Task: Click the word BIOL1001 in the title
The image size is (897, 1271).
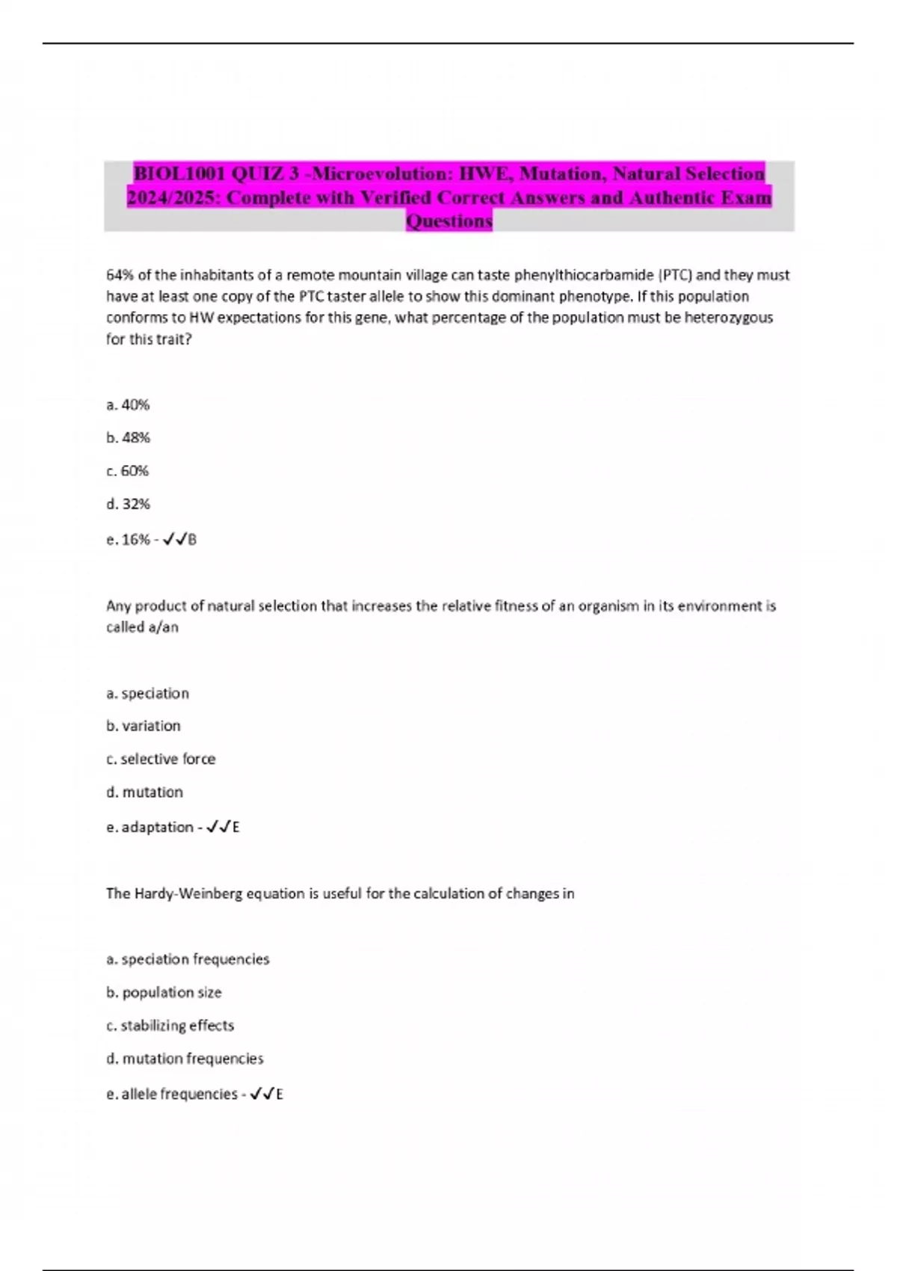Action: pyautogui.click(x=179, y=174)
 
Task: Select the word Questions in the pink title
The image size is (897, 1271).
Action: pyautogui.click(x=449, y=221)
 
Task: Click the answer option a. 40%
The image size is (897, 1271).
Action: pyautogui.click(x=128, y=404)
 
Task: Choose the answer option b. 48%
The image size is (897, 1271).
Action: pyautogui.click(x=128, y=437)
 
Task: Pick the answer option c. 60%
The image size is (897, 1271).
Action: pyautogui.click(x=127, y=470)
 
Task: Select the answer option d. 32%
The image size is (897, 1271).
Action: pyautogui.click(x=128, y=504)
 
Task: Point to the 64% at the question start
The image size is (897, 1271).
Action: pyautogui.click(x=120, y=275)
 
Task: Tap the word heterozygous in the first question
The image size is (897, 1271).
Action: pyautogui.click(x=728, y=317)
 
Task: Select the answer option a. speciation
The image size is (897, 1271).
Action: pyautogui.click(x=147, y=693)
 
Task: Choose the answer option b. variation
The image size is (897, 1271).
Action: pyautogui.click(x=143, y=725)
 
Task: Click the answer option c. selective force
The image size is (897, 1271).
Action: pyautogui.click(x=161, y=759)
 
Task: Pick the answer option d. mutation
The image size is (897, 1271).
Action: pyautogui.click(x=144, y=792)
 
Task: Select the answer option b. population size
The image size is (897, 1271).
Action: pyautogui.click(x=164, y=992)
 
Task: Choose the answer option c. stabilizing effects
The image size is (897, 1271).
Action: pyautogui.click(x=170, y=1025)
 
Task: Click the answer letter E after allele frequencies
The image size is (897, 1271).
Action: pyautogui.click(x=280, y=1095)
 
